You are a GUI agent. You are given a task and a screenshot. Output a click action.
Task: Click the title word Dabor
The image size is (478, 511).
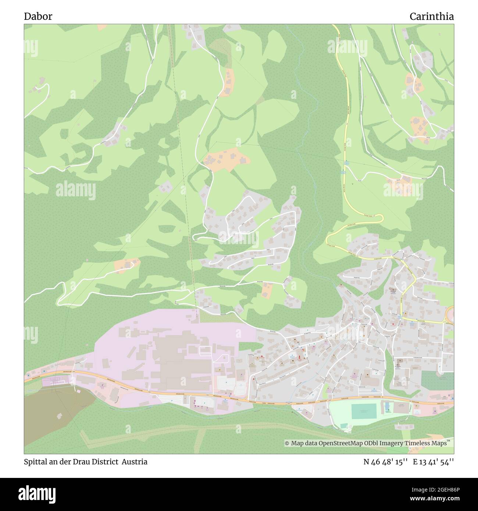click(38, 17)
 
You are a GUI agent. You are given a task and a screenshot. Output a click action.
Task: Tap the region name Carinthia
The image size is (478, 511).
click(432, 17)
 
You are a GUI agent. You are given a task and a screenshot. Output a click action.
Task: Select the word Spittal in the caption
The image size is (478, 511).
click(36, 462)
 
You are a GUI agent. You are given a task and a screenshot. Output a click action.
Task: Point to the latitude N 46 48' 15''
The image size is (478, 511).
click(386, 462)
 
